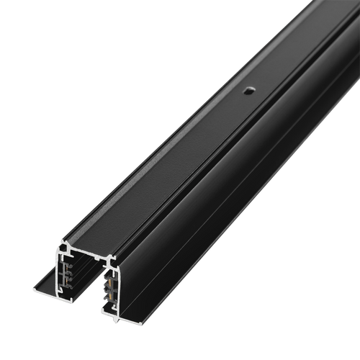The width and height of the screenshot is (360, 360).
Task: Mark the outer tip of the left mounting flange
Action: (33, 290)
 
